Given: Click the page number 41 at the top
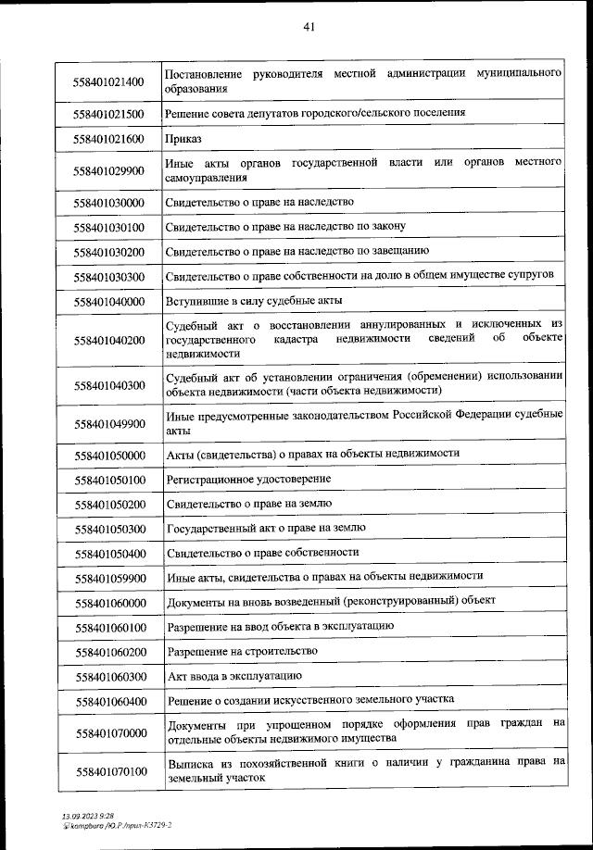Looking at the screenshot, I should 309,27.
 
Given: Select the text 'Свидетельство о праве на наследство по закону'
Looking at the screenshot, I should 285,226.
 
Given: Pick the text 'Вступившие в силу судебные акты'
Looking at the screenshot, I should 255,301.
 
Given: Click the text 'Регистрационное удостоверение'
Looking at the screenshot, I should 247,479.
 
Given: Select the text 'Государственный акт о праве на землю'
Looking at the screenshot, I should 266,528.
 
